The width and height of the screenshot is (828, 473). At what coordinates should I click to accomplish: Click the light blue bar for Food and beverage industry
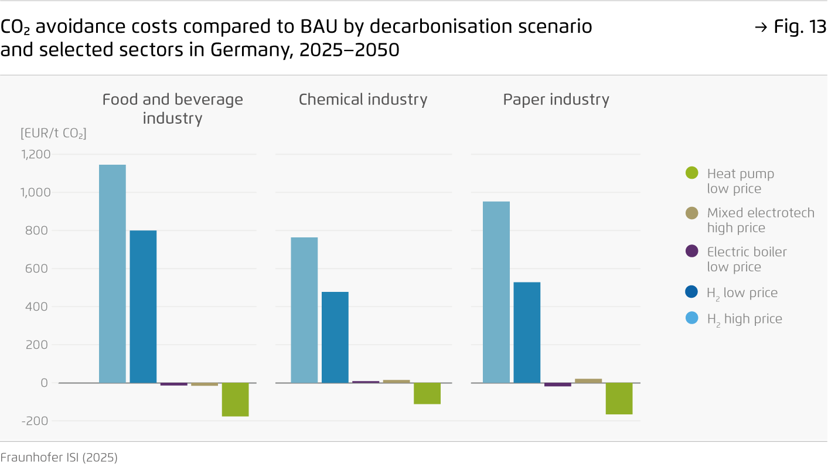tap(113, 274)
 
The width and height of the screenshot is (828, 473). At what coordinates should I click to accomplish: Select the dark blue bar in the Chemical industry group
tap(335, 337)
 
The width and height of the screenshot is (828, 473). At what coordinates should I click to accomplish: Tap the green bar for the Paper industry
tap(619, 399)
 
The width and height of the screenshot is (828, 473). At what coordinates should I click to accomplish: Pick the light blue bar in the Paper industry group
tap(496, 292)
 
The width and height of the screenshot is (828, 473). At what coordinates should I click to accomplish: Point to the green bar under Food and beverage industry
tap(235, 400)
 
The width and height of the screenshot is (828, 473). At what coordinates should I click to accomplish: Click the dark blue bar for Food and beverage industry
tap(143, 307)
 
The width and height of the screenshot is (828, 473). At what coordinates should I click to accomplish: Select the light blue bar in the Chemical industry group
tap(305, 310)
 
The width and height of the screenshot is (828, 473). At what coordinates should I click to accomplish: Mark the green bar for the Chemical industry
tap(427, 393)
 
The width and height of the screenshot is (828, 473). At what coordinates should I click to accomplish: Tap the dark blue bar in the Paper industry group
tap(527, 332)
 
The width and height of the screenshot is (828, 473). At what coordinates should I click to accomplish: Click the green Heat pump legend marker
tap(692, 173)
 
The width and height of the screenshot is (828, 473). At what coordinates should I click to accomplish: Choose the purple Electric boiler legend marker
tap(692, 251)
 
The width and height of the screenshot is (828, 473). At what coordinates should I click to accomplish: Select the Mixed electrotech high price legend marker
tap(692, 213)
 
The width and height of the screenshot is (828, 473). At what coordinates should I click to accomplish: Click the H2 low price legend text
tap(742, 293)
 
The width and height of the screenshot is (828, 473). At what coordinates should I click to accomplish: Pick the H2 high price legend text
tap(744, 319)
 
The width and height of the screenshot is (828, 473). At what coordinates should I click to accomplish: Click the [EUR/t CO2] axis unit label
tap(53, 134)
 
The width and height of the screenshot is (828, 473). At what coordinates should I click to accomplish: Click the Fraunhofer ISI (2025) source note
tap(59, 458)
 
